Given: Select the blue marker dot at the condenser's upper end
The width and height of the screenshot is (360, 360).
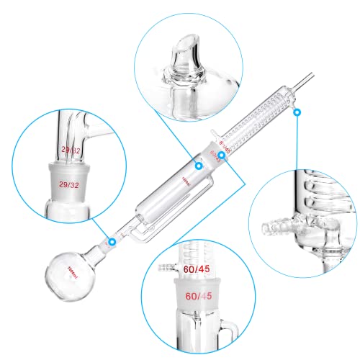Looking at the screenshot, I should point(297,112).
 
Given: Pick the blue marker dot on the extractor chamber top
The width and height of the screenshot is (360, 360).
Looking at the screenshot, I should point(199,166).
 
